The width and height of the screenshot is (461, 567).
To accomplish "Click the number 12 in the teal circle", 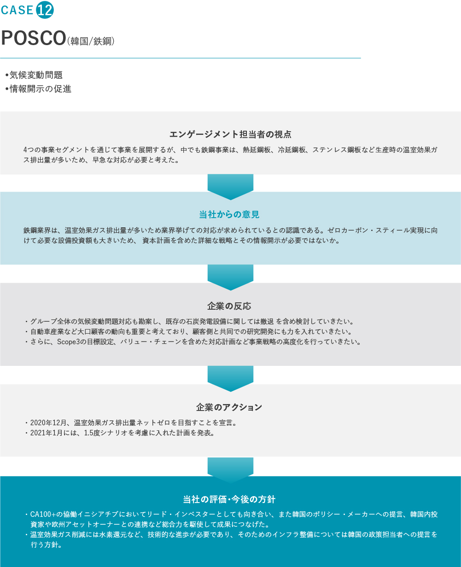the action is coord(45,10).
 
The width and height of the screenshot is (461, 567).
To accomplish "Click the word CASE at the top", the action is coord(17,10).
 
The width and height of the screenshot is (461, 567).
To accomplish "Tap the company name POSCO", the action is coord(34,38).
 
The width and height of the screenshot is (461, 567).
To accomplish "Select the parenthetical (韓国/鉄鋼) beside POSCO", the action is coord(91,41).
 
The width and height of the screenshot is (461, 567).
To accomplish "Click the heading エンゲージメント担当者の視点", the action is coord(230,134).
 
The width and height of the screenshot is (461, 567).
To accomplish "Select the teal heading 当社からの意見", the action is coord(229,214).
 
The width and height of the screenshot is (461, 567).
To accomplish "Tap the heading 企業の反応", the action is coord(229,306).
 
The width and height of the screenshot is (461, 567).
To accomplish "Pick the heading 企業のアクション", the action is coord(229,407).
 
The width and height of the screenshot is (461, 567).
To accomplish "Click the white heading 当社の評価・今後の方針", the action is coord(229,499).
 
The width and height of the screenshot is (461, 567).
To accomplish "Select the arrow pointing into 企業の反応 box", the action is coord(230,278).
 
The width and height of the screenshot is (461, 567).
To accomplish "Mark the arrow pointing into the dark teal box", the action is coord(230,470).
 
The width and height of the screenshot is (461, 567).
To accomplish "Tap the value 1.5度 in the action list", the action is coord(92,433).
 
